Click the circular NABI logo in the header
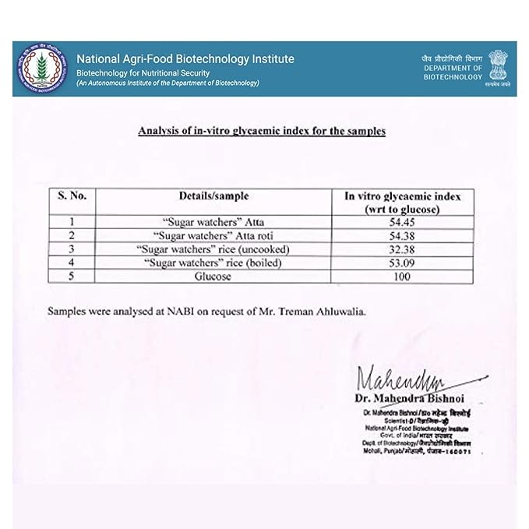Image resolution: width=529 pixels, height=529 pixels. (x=40, y=68)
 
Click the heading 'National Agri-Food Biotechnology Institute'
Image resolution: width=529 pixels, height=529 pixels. (x=185, y=58)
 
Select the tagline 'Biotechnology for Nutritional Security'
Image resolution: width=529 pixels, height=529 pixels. (x=143, y=72)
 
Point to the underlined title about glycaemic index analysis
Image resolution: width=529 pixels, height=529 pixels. (x=261, y=131)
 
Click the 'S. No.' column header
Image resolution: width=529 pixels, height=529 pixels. (x=72, y=197)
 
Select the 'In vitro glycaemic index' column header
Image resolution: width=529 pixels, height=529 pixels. (x=402, y=204)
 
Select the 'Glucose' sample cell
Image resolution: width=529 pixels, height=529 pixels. (x=212, y=277)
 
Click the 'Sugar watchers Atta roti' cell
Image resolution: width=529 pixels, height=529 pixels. (x=212, y=235)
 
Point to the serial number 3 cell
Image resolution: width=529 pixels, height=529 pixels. (x=72, y=249)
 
